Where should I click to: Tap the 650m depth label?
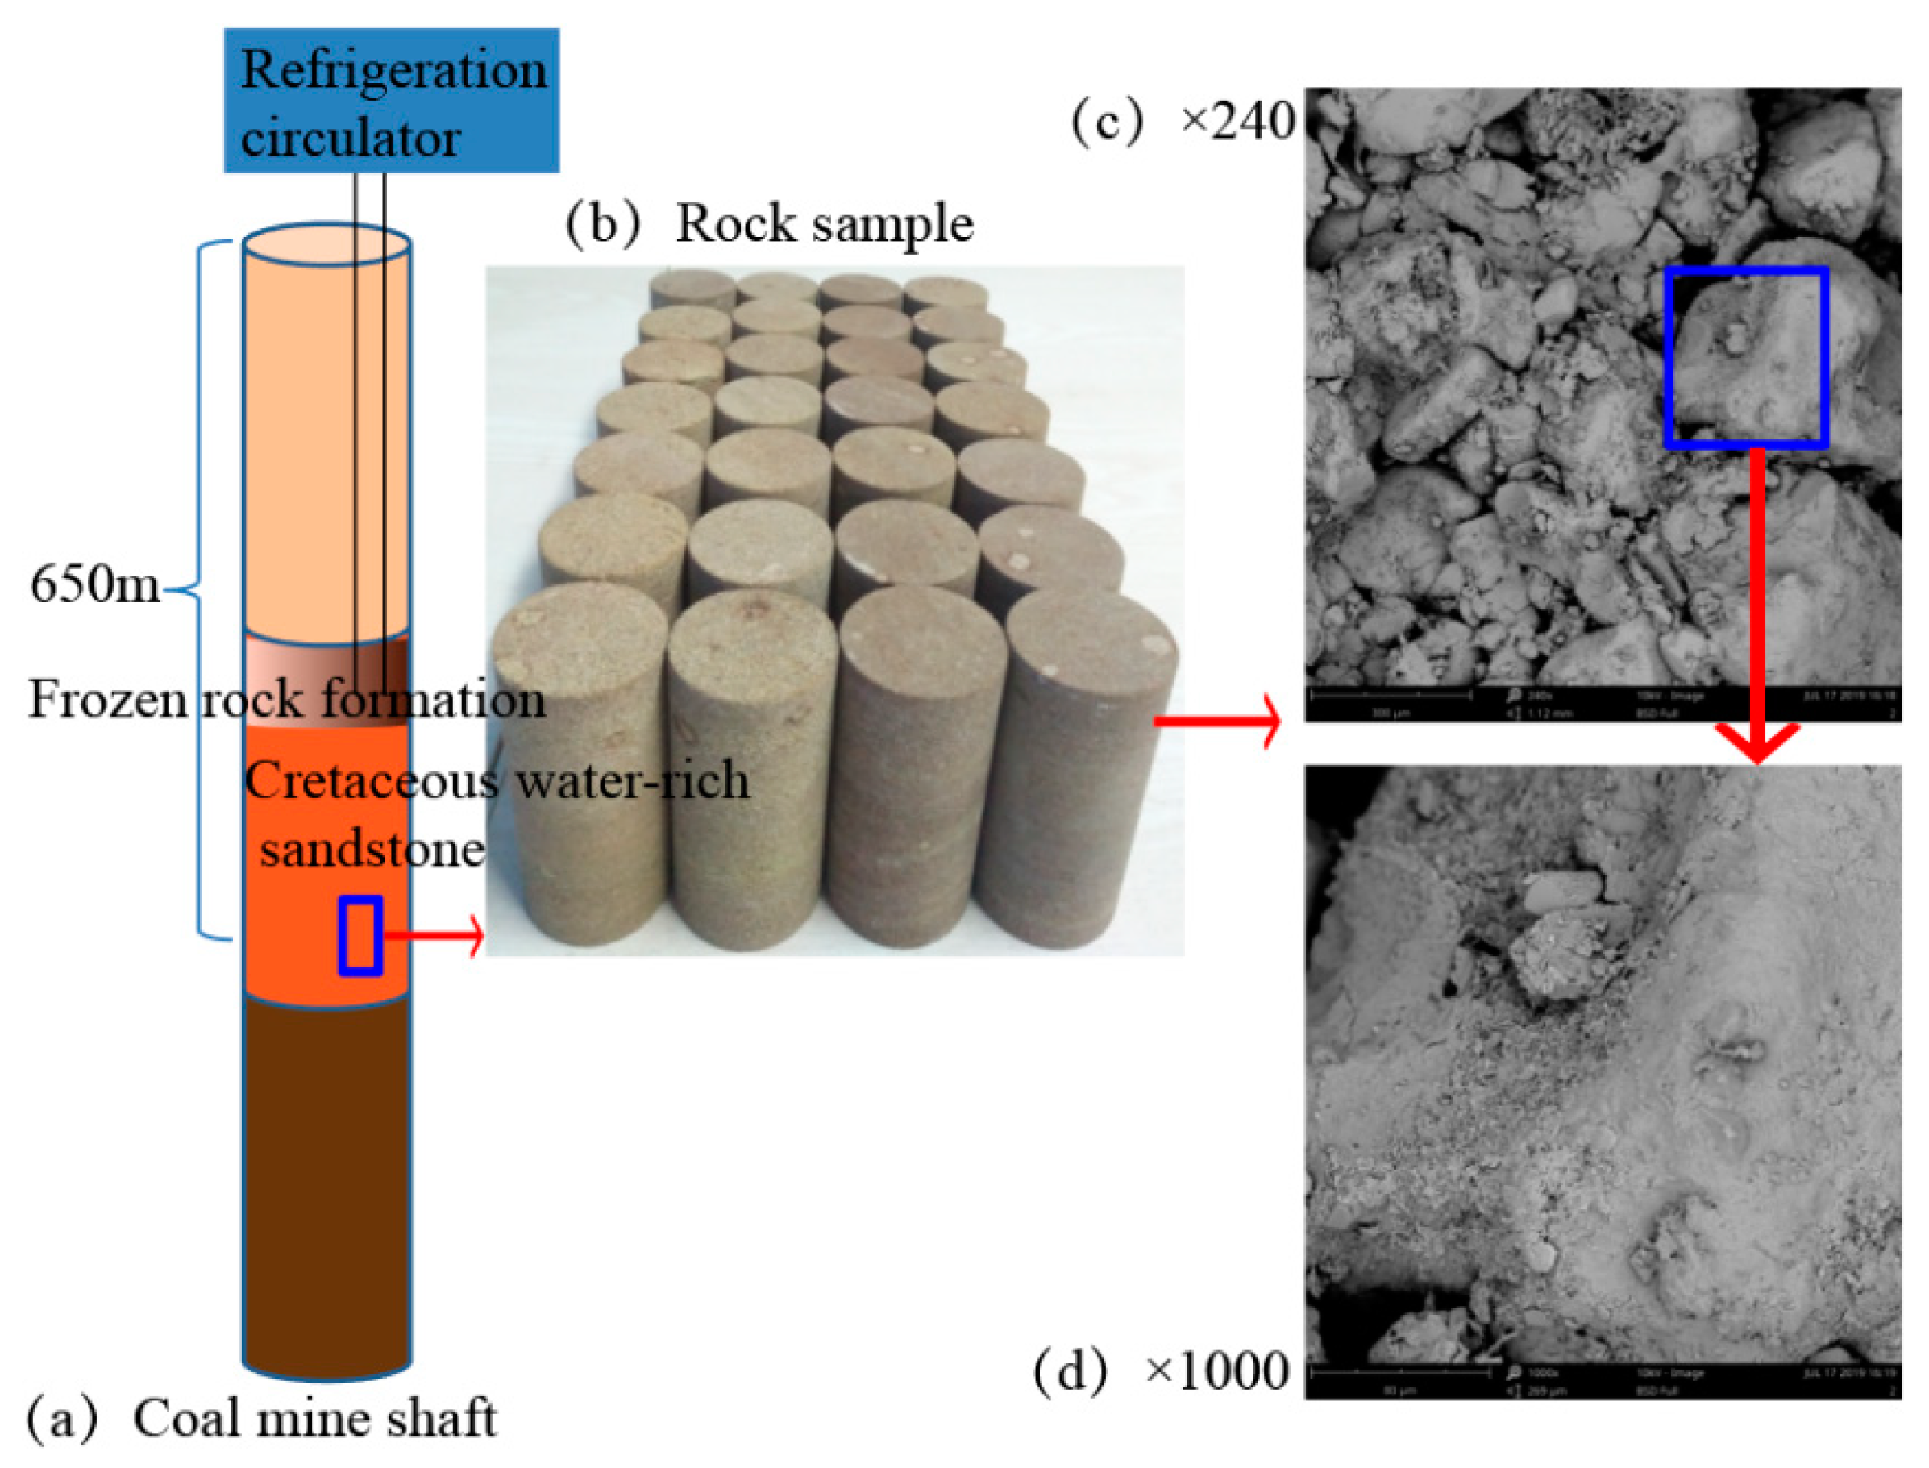point(94,584)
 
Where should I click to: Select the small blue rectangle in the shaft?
point(360,936)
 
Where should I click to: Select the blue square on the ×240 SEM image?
point(1745,357)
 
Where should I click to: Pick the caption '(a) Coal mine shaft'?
point(262,1418)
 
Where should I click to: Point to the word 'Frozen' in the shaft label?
point(107,700)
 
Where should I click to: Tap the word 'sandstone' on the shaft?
point(372,850)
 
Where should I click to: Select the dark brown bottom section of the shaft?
point(326,1179)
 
